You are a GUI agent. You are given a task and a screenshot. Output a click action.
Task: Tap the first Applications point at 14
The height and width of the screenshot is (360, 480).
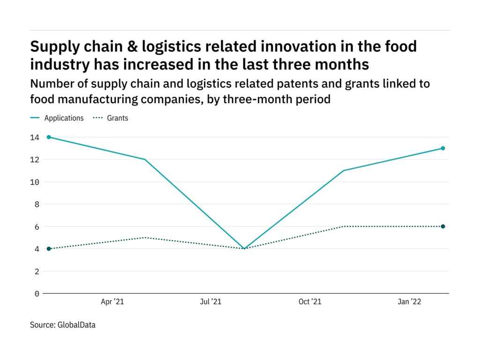49,137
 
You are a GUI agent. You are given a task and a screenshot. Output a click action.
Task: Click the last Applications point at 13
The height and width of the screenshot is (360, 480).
442,149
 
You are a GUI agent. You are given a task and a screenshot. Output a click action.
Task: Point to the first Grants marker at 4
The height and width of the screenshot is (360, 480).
49,249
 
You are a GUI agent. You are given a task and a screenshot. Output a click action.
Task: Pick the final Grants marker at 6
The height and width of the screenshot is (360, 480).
442,226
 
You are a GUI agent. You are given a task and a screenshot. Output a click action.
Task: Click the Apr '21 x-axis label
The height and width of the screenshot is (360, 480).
112,302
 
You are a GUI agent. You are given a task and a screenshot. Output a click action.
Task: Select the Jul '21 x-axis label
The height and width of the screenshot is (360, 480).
210,302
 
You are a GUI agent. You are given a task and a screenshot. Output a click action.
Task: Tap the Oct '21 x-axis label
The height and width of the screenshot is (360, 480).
310,302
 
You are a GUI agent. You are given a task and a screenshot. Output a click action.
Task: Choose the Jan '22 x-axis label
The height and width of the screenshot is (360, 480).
410,302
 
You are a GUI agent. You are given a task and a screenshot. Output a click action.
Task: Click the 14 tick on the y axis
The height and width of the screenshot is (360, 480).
35,137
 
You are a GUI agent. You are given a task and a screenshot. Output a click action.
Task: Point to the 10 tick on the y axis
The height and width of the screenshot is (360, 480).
35,182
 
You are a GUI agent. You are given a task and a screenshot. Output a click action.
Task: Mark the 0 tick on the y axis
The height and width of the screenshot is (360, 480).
37,294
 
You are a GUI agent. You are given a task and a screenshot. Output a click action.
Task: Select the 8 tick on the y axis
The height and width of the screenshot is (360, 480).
37,204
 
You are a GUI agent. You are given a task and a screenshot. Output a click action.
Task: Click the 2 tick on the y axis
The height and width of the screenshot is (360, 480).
37,271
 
